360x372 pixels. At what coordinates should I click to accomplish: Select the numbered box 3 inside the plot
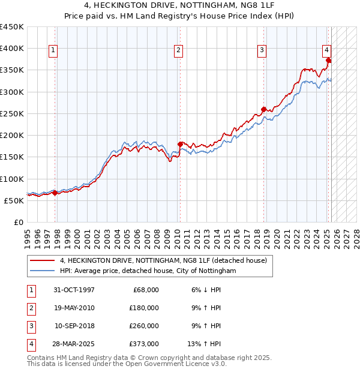pos(262,51)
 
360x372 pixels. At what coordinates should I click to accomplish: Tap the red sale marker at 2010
pos(180,144)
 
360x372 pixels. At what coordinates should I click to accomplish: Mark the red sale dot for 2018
pos(263,109)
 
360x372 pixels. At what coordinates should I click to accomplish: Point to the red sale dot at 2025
pos(328,60)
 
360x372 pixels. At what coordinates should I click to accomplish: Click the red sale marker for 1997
pos(55,193)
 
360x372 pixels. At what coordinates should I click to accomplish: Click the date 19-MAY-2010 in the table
pos(74,308)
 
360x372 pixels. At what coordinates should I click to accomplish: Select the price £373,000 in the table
pos(144,344)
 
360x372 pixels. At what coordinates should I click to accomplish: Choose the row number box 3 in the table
pos(30,326)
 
